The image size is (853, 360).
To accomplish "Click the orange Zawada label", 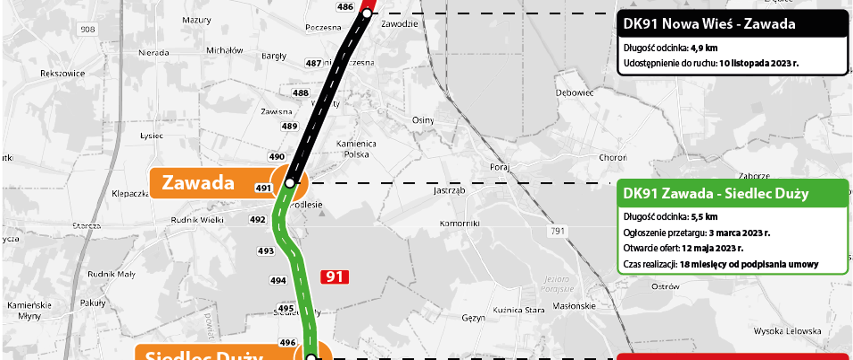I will (198, 183).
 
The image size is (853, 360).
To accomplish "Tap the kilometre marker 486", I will (345, 7).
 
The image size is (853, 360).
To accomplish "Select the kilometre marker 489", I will (289, 126).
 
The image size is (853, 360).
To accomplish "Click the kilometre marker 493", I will (266, 251).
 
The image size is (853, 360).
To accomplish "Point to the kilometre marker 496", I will (287, 343).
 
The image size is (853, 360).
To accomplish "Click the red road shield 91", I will (335, 277).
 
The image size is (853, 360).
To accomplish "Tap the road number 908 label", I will (88, 29).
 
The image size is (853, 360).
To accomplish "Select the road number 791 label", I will (558, 231).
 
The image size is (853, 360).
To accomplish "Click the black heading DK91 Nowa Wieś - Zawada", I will (709, 24).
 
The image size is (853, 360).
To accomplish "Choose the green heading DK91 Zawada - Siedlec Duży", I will (716, 193).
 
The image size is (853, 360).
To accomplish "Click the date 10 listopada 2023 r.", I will (759, 63).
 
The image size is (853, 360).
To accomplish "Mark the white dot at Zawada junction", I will (290, 183).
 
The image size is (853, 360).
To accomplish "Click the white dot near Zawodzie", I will (367, 14).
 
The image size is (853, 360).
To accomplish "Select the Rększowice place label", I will (62, 73).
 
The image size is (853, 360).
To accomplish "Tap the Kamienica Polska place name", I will (356, 149).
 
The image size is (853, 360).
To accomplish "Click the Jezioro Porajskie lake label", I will (557, 284).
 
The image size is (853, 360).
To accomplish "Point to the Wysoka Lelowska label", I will (787, 331).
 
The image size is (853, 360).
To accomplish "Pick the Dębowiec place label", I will (574, 93).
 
